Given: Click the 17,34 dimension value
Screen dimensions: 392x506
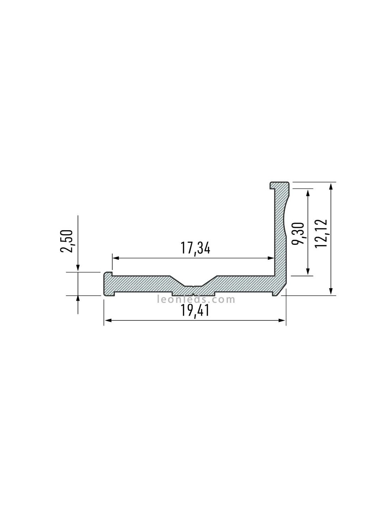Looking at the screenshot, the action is pyautogui.click(x=195, y=248).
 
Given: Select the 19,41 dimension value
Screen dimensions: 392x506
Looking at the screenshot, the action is pyautogui.click(x=195, y=310).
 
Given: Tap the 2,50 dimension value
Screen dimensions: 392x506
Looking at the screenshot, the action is pyautogui.click(x=67, y=241).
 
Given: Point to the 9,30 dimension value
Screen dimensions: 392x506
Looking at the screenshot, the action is pyautogui.click(x=298, y=233).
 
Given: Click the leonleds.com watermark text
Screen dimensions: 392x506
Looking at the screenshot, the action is pyautogui.click(x=196, y=300).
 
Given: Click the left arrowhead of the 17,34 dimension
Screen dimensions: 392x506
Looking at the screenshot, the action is pyautogui.click(x=115, y=258).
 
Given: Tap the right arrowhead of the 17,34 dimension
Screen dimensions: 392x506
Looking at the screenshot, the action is pyautogui.click(x=271, y=258).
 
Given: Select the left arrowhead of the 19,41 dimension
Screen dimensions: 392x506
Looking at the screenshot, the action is pyautogui.click(x=107, y=321).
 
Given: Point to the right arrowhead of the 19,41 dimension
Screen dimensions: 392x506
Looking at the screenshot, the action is pyautogui.click(x=282, y=321).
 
